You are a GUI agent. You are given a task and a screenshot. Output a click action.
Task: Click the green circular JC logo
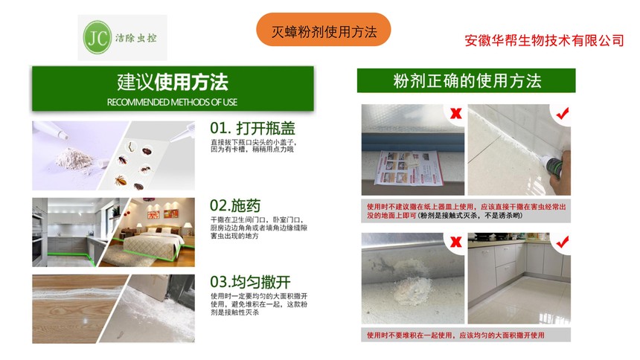(97, 37)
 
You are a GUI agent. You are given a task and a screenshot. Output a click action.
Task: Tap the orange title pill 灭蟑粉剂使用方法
(323, 30)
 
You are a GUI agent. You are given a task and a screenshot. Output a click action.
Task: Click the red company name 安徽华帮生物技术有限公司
(545, 40)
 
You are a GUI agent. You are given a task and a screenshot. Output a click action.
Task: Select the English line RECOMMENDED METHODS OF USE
(172, 102)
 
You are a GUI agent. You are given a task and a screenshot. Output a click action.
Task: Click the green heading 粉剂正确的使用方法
(467, 81)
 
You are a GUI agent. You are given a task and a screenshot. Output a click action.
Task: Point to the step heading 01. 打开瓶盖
(252, 128)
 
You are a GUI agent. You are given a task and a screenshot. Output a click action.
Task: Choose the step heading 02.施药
(235, 205)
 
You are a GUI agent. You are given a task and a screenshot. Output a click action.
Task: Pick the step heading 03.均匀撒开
(250, 282)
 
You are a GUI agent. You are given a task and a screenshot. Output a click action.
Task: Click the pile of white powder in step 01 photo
(74, 158)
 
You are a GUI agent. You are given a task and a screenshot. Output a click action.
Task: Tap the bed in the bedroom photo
(154, 242)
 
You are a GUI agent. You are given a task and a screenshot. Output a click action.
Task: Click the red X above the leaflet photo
(455, 113)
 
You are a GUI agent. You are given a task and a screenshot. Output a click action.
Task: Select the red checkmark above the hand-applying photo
(563, 112)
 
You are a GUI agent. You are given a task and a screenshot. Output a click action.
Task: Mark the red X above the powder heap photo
(455, 242)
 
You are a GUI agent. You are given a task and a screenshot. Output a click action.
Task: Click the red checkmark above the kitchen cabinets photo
(563, 242)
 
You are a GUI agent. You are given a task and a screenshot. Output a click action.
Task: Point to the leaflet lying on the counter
(408, 168)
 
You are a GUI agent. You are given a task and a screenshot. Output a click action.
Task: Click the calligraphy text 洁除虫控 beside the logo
(136, 38)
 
